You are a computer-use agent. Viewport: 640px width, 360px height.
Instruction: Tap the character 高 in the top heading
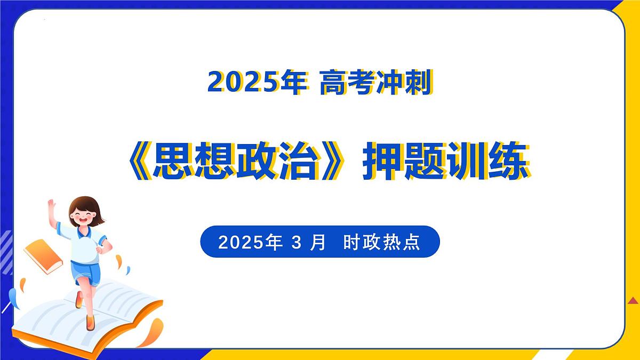coord(334,83)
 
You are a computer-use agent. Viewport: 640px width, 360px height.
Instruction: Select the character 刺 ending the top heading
coord(417,83)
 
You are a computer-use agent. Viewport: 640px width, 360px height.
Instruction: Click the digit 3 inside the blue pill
coord(297,243)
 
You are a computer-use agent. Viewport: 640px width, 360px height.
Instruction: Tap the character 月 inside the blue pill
coord(318,243)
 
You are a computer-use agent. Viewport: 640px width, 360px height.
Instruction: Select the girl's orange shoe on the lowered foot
coord(90,322)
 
